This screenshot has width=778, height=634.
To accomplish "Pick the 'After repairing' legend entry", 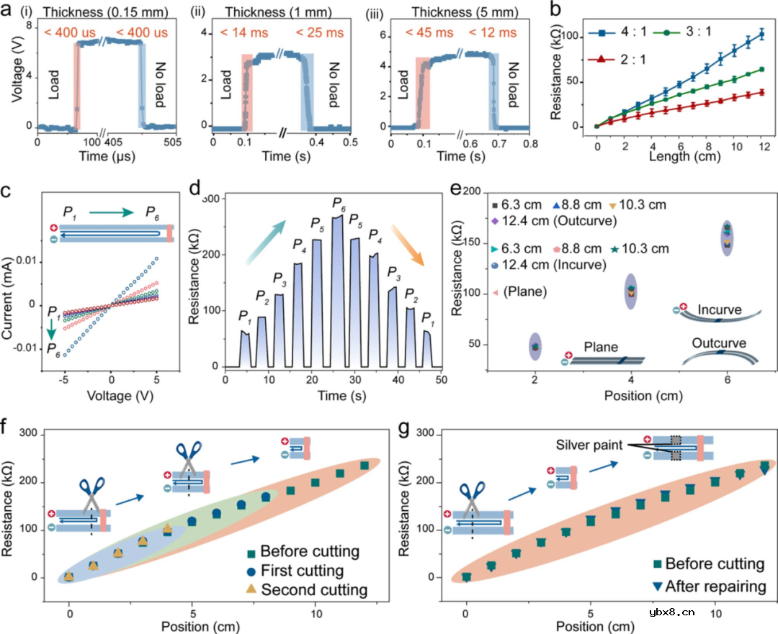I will [715, 587].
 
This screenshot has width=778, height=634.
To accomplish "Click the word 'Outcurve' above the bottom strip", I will [720, 343].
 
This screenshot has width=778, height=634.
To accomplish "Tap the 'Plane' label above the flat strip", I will [601, 348].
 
